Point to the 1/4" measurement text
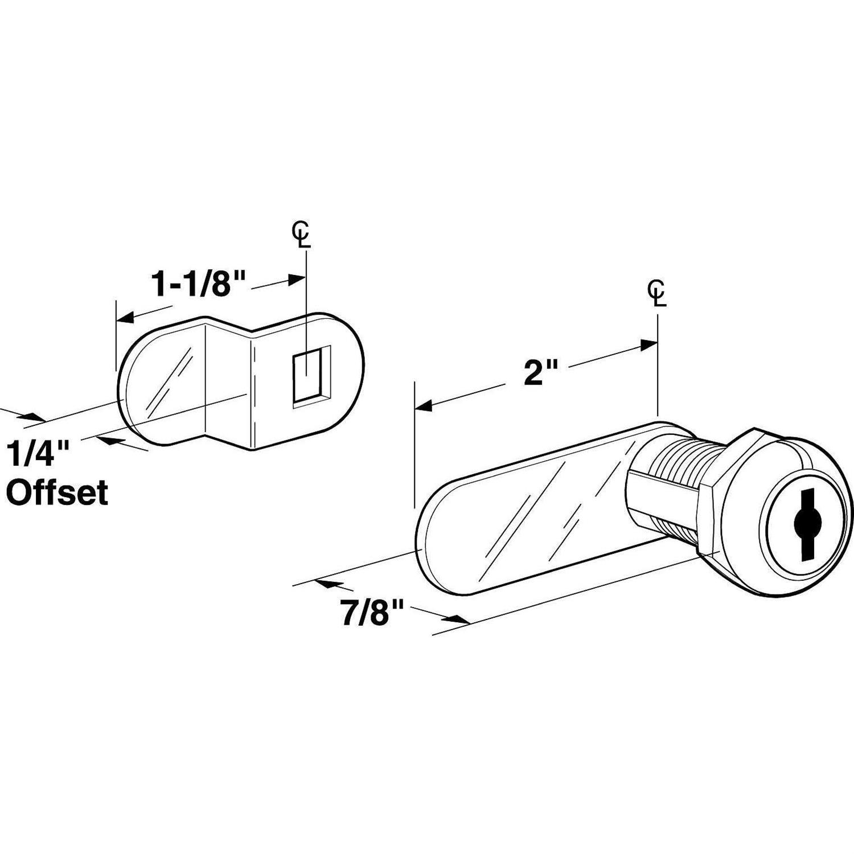click(x=38, y=455)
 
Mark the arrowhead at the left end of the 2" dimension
click(x=424, y=407)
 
